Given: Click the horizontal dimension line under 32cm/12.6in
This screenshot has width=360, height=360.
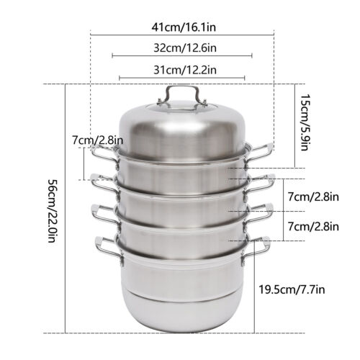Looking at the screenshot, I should point(182,55).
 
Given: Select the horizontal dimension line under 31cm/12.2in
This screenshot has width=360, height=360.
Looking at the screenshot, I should point(182,78).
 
